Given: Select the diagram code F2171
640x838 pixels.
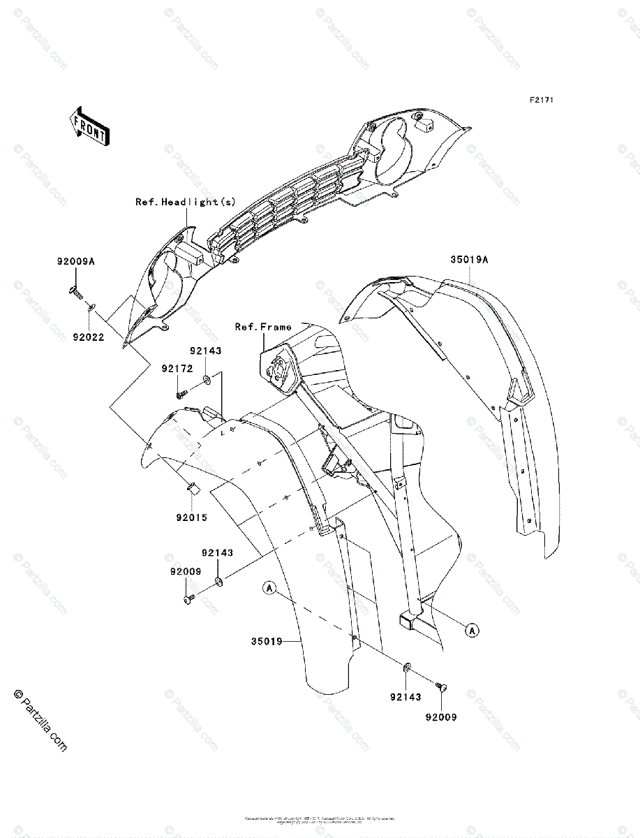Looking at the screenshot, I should click(x=541, y=101).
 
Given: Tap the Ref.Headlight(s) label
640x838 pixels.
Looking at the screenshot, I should click(x=186, y=202).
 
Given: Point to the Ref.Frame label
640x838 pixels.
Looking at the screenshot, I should click(x=263, y=327).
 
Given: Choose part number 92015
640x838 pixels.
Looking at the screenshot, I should click(x=191, y=518).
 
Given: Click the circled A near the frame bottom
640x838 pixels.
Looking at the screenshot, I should click(x=472, y=631).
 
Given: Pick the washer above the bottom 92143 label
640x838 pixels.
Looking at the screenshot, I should click(x=407, y=668).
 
